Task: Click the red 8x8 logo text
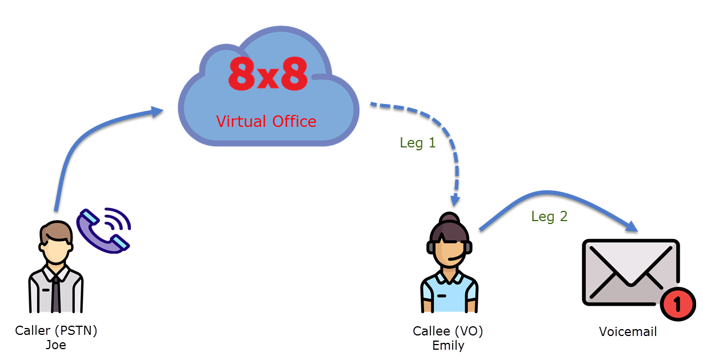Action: pos(267,74)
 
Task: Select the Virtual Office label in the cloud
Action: pos(266,122)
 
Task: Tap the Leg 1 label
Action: pos(418,143)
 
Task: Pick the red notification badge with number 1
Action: pos(678,304)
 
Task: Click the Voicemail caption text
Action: pos(628,332)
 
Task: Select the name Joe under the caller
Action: pos(56,345)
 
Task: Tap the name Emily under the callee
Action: pos(448,346)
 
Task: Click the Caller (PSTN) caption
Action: pos(56,331)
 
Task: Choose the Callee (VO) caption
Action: pos(448,331)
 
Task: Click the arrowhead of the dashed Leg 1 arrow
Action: pos(455,200)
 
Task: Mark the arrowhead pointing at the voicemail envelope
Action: pos(631,226)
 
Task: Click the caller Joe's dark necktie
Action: pos(56,294)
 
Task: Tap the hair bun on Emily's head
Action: pos(449,218)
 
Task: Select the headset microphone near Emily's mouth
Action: pos(456,258)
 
